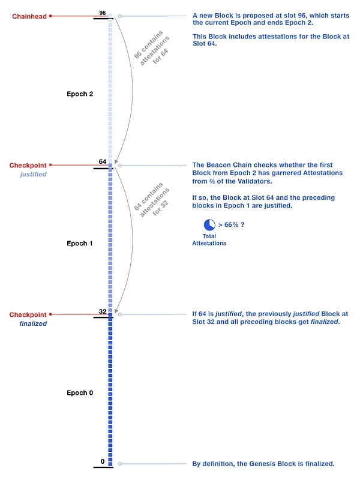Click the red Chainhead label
click(28, 16)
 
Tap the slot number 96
click(103, 13)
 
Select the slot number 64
click(103, 162)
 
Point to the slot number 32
click(103, 311)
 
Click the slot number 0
click(103, 461)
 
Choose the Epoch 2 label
click(80, 94)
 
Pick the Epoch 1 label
click(80, 243)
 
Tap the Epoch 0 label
click(80, 392)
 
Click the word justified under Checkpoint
click(32, 174)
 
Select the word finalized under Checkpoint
click(33, 323)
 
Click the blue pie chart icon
click(209, 225)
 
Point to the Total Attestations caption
click(209, 239)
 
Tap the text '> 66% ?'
click(232, 224)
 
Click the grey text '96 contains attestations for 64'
click(152, 53)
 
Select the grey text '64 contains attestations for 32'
click(152, 202)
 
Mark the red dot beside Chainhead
click(50, 16)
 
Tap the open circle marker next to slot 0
click(120, 464)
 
